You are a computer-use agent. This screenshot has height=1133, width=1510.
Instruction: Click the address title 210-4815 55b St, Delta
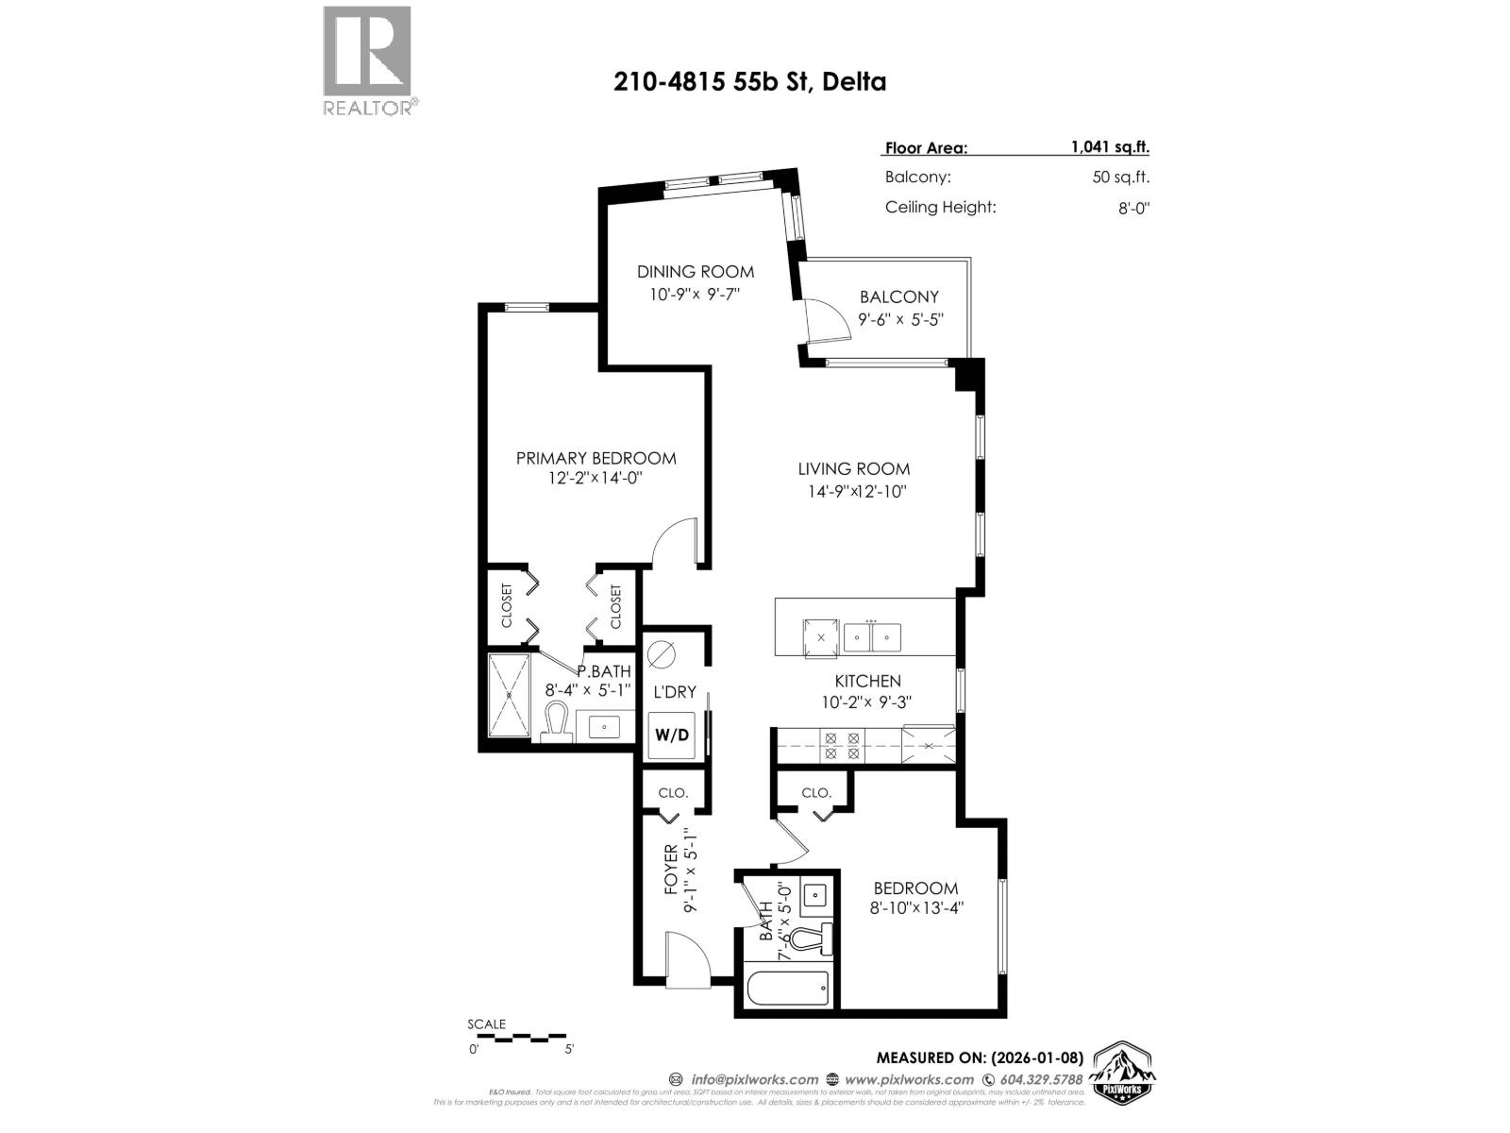click(750, 82)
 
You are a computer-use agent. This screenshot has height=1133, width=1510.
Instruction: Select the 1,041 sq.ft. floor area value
click(1109, 147)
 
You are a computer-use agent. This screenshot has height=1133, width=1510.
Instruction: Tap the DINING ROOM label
click(696, 272)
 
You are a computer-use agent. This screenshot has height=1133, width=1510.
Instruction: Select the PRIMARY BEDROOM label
click(596, 458)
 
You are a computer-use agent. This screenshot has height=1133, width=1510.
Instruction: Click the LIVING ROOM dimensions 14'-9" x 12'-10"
click(853, 491)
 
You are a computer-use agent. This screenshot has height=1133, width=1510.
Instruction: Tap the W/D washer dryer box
click(672, 736)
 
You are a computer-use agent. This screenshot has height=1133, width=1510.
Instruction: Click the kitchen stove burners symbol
click(842, 746)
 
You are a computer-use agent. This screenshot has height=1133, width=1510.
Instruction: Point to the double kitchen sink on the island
click(872, 637)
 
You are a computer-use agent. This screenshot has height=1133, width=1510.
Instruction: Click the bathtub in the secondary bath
click(788, 989)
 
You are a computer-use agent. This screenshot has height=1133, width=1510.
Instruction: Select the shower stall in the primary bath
click(510, 696)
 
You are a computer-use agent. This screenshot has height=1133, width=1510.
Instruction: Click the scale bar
click(517, 1038)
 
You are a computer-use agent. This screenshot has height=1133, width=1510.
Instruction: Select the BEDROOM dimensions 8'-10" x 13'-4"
click(915, 908)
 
